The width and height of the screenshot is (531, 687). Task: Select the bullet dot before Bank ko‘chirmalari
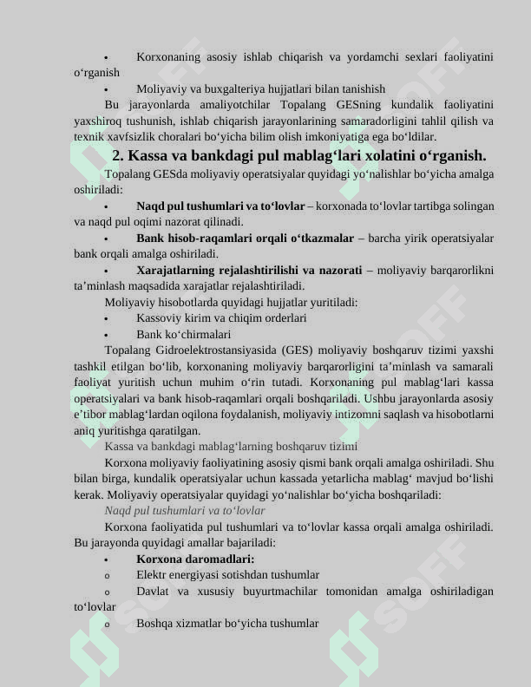[x=105, y=335]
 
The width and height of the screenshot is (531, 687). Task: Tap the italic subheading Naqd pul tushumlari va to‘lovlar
[x=185, y=511]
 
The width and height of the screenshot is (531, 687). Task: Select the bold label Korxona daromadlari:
[x=195, y=559]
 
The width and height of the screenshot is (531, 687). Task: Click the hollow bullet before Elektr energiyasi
[x=106, y=576]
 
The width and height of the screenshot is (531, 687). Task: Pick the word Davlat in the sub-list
[x=154, y=592]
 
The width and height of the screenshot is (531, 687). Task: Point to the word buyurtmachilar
[x=278, y=592]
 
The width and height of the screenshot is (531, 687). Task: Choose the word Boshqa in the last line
[x=155, y=624]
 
